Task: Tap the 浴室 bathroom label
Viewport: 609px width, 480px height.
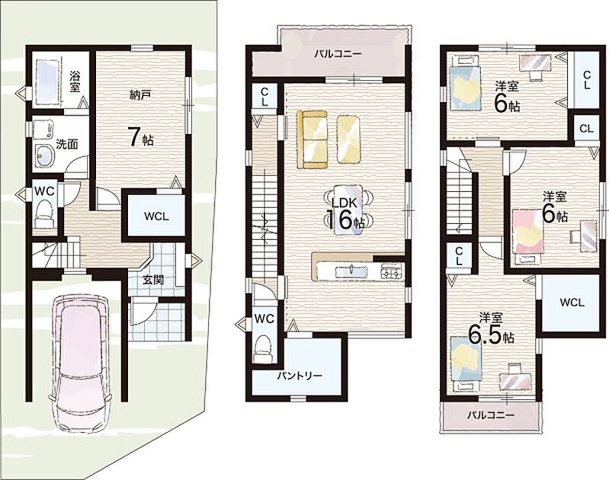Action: pos(75,82)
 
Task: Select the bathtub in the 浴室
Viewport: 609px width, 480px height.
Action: pos(48,82)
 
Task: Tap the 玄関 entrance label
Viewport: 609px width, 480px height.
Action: pos(152,280)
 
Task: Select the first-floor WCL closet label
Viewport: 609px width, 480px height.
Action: pos(156,216)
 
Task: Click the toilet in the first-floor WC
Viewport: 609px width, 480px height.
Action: pos(43,214)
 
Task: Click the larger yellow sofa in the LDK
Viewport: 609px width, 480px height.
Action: pos(313,139)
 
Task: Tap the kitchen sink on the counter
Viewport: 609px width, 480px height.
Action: pos(351,270)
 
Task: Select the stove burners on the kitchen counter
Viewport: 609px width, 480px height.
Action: pos(392,270)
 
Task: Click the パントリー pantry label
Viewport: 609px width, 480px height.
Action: pos(300,376)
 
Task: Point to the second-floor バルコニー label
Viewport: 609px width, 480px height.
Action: pos(338,54)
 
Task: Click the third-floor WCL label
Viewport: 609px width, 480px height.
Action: pos(572,302)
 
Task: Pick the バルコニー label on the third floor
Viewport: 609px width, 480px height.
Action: pos(491,415)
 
